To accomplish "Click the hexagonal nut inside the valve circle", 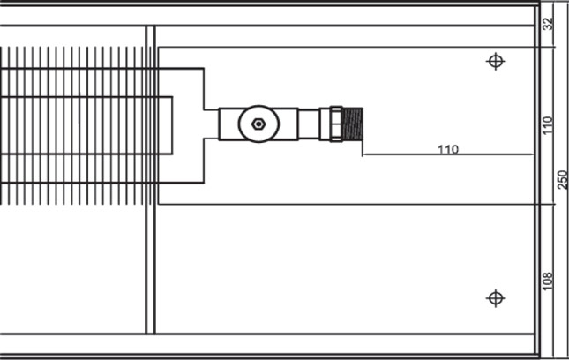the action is click(x=258, y=124).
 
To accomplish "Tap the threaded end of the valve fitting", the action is click(x=353, y=124).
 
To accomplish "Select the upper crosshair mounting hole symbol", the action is click(x=496, y=61).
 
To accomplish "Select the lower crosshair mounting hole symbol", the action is click(x=496, y=298).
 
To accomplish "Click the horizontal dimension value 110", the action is click(x=448, y=149).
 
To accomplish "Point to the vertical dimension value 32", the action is click(x=549, y=24).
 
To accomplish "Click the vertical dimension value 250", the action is click(x=562, y=180).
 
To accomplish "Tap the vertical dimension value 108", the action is click(x=548, y=281).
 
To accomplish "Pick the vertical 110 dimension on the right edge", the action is click(x=548, y=125).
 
